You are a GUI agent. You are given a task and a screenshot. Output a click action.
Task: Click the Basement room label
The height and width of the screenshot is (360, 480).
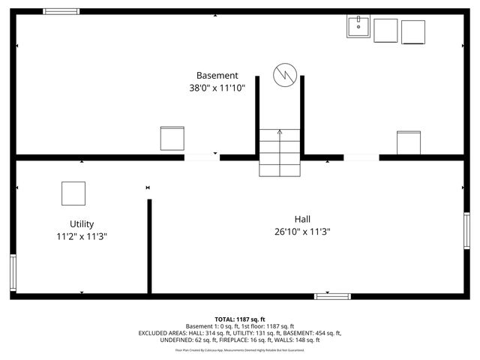[x=217, y=76]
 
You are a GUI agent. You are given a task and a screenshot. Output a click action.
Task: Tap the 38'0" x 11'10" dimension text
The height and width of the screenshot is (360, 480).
[x=217, y=88]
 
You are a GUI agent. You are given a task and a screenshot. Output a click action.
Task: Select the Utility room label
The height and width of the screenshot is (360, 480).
[x=82, y=224]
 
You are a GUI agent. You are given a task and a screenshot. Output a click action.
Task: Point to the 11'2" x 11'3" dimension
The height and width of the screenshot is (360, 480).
[x=82, y=236]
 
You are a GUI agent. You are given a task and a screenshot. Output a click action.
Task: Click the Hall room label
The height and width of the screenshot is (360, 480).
[x=303, y=219]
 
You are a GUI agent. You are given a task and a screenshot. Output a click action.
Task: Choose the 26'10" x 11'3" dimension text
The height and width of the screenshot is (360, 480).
[x=303, y=232]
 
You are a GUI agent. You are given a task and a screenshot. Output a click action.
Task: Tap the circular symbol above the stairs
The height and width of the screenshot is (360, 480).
[x=284, y=74]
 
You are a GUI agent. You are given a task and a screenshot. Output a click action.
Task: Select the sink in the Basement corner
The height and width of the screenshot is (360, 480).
[x=358, y=27]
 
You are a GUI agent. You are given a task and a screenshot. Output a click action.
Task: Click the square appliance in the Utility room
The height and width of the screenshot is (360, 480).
[x=73, y=193]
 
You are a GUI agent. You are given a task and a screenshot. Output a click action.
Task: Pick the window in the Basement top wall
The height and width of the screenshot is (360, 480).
[x=61, y=11]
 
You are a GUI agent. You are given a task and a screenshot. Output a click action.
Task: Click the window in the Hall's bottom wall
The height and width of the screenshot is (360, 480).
[x=332, y=296]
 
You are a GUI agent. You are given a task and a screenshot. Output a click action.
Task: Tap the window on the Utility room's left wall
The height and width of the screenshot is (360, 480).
[x=13, y=272]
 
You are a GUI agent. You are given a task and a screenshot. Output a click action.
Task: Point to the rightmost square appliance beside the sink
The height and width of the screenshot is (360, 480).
[x=413, y=31]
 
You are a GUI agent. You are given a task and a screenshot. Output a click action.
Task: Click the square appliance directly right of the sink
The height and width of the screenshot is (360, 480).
[x=385, y=30]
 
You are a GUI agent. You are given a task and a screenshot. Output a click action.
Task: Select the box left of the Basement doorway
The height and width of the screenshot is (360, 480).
[x=172, y=138]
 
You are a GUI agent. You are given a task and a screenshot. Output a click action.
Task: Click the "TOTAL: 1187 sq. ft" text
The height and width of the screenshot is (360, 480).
[x=240, y=319]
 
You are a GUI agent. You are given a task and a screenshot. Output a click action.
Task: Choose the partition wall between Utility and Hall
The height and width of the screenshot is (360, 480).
[x=149, y=246]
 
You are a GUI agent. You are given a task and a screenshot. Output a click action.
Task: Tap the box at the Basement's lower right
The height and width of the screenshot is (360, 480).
[x=409, y=142]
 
